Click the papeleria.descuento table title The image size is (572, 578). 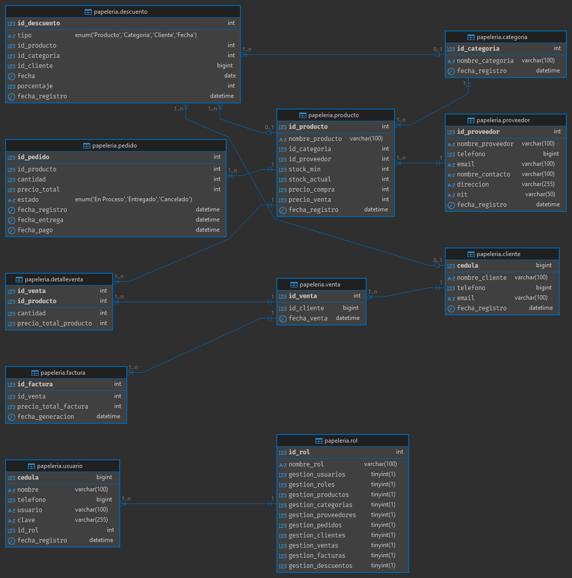point(121,12)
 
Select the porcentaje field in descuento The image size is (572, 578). point(35,86)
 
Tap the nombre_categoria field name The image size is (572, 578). point(485,61)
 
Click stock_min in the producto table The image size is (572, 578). point(305,169)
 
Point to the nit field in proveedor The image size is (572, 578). point(462,194)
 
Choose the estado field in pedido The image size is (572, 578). point(28,199)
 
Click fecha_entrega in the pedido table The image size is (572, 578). point(41,220)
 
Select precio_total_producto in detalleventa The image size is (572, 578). point(55,323)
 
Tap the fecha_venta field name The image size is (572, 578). point(308,318)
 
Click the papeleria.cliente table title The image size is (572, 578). point(498,254)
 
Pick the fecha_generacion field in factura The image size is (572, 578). point(46,417)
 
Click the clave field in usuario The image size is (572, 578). point(26,520)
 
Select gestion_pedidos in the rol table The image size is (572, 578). point(315,525)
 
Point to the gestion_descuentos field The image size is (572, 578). point(320,565)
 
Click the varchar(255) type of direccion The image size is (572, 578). point(538,184)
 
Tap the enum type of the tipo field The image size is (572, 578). point(136,35)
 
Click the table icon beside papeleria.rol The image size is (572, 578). point(319,441)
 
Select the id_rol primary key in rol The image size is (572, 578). point(299,452)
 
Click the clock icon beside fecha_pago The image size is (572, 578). point(12,230)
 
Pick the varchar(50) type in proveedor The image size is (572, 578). point(540,194)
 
